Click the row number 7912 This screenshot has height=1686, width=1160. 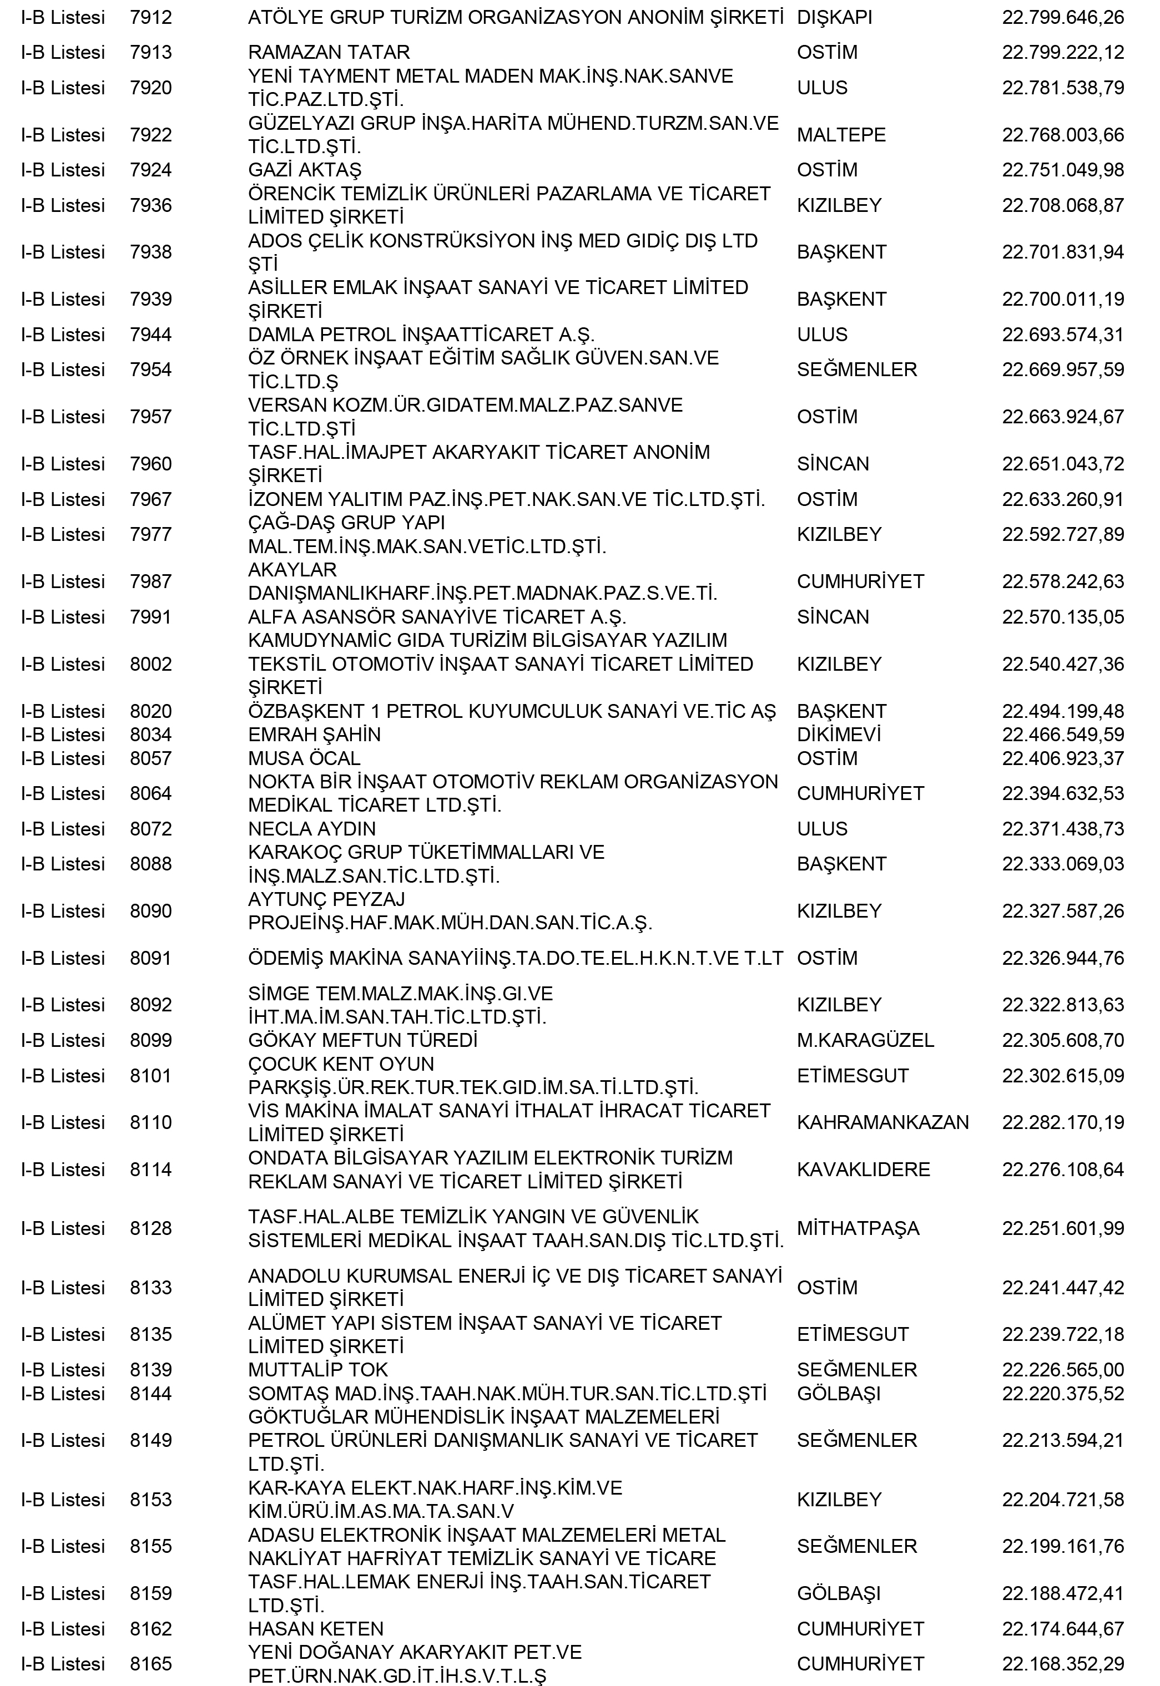[150, 17]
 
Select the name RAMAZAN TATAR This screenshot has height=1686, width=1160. [329, 52]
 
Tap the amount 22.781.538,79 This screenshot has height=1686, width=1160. [1063, 88]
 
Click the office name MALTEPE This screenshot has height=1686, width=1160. [841, 135]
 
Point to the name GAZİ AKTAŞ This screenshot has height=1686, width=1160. [305, 170]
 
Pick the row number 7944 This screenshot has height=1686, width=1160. [150, 335]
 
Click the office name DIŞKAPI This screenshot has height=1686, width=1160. [834, 17]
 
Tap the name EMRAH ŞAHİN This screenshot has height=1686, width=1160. [314, 735]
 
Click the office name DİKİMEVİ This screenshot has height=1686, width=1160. [839, 735]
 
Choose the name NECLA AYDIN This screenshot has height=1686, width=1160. [312, 829]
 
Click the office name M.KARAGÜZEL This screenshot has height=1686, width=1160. [865, 1040]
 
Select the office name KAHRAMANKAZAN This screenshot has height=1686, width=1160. [882, 1122]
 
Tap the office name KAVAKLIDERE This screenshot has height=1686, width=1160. [864, 1169]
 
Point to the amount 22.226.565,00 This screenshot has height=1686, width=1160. [1063, 1369]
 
